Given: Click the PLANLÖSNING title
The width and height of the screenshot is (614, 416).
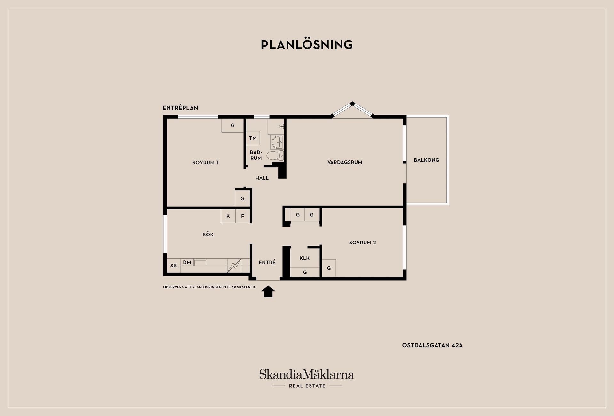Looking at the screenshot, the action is click(x=307, y=44).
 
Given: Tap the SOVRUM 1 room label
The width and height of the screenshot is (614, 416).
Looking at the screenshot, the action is click(x=205, y=162).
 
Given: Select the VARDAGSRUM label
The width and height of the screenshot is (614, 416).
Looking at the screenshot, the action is click(x=345, y=162).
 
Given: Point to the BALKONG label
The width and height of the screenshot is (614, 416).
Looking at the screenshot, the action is click(x=426, y=160).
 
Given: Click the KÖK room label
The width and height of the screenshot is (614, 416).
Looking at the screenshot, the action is click(x=208, y=234).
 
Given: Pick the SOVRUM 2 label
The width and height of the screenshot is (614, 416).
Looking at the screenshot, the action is click(x=362, y=243).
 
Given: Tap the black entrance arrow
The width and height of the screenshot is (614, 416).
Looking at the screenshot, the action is click(x=268, y=291).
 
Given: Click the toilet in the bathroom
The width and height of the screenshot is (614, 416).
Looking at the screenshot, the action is click(x=275, y=156).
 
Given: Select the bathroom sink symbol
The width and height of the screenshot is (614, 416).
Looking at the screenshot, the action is click(x=277, y=142).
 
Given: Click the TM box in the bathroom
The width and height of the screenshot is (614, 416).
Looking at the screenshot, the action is click(x=253, y=138).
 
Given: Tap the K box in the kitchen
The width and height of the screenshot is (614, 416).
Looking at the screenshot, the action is click(x=228, y=216).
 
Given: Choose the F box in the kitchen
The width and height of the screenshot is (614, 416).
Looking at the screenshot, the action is click(x=243, y=216).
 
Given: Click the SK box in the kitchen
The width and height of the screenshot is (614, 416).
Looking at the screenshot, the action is click(x=174, y=266).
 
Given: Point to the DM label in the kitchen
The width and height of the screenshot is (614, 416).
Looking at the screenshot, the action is click(x=187, y=262).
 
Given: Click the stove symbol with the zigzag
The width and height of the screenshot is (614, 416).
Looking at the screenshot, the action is click(x=234, y=266).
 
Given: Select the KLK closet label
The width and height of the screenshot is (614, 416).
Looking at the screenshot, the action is click(x=304, y=258).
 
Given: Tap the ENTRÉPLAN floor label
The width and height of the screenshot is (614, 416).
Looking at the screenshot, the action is click(x=180, y=108).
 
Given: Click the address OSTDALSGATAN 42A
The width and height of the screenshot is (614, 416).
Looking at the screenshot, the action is click(x=432, y=345).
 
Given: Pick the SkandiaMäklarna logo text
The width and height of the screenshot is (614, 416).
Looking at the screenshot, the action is click(x=307, y=374).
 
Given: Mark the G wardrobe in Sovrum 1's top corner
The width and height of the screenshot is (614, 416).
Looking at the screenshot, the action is click(x=233, y=125).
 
